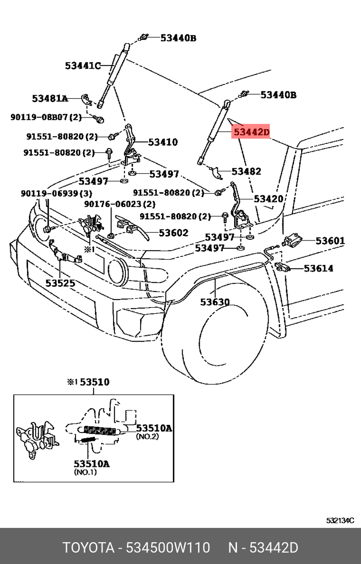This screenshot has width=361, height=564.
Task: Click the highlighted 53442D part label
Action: point(251,132)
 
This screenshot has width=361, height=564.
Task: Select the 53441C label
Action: point(83,66)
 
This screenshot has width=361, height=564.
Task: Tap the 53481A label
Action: point(50,99)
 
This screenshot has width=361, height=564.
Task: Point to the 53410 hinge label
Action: point(163,142)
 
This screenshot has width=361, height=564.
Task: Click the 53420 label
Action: point(268,199)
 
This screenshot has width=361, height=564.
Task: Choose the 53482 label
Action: point(246,171)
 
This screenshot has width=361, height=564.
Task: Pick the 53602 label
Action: point(173,233)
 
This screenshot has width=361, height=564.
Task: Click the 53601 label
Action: point(330,241)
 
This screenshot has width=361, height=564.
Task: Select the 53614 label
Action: point(318,268)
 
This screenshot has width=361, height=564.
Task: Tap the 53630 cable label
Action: point(215,302)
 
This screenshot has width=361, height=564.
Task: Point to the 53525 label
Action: point(60,283)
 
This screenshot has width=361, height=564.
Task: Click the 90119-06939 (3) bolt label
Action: point(56,193)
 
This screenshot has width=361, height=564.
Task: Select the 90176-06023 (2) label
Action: point(119,204)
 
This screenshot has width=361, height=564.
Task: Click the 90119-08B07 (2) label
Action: point(46,117)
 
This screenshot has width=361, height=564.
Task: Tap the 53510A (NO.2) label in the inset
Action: point(154,428)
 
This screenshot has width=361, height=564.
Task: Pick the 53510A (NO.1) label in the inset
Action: point(91,464)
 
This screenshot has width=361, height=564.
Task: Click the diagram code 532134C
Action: point(340,521)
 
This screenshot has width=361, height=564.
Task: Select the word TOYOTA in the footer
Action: point(88,548)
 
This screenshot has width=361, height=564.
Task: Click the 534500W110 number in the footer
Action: point(168,548)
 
